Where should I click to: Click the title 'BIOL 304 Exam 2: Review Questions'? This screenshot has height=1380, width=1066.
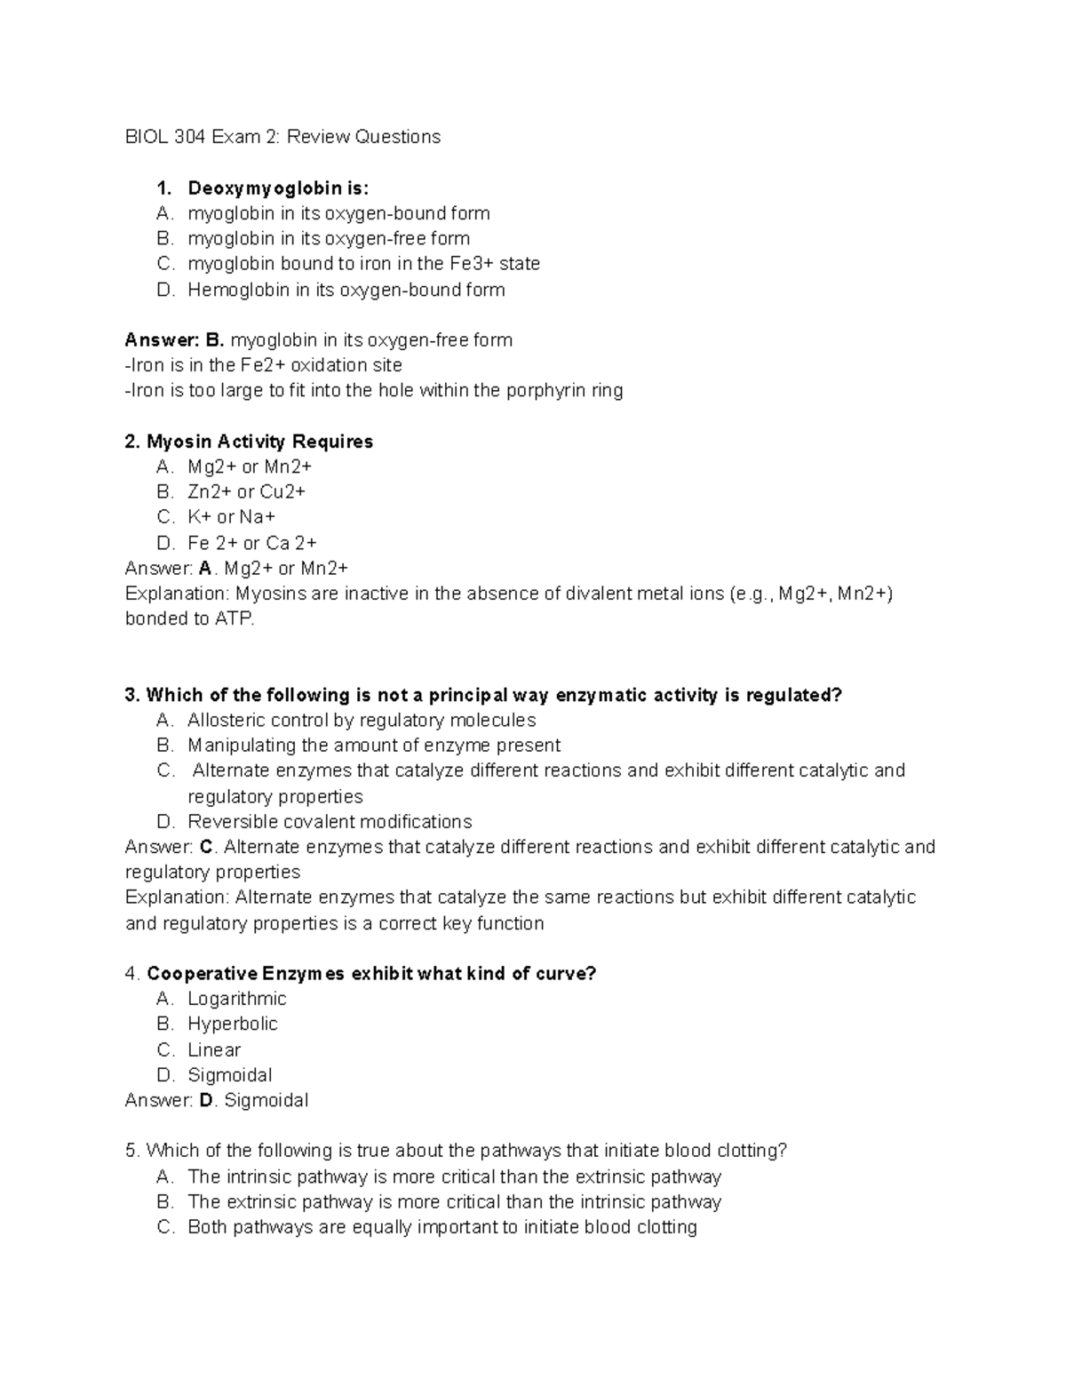[282, 137]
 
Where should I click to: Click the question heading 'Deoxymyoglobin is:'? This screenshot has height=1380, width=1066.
[277, 188]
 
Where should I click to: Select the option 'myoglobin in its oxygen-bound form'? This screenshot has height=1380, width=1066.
[338, 213]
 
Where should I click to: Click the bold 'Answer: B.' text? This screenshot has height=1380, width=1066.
[175, 340]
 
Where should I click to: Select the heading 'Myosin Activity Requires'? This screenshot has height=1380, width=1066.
[259, 442]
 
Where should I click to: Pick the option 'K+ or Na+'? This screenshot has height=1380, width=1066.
[231, 517]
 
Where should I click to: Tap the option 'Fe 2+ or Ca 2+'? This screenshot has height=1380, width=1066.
[251, 543]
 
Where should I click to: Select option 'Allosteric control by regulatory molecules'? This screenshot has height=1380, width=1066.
[362, 721]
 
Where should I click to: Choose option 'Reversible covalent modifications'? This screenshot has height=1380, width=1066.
[330, 822]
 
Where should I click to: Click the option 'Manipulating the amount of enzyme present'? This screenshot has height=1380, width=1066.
[374, 746]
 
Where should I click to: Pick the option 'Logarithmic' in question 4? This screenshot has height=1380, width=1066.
[236, 999]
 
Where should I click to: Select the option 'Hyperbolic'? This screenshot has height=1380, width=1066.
[233, 1025]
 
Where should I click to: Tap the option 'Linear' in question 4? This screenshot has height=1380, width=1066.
[214, 1050]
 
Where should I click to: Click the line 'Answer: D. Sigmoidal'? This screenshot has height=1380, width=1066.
[217, 1101]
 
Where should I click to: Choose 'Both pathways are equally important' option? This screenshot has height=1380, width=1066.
[442, 1228]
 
